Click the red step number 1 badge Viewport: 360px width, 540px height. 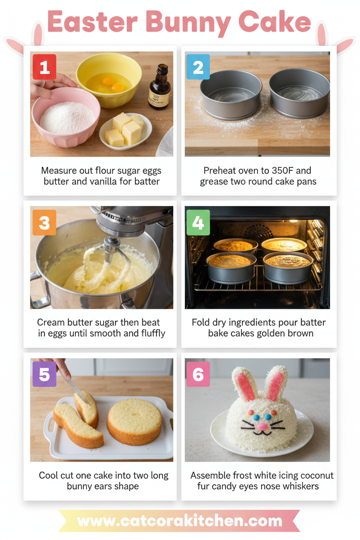pos(44,67)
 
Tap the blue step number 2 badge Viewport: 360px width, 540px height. pos(198,67)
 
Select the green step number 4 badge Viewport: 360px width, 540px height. pos(198,222)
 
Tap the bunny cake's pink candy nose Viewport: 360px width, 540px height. pos(262,426)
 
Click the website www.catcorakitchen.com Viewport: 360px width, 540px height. pos(180,521)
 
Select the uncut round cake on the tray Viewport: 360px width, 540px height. pos(135,420)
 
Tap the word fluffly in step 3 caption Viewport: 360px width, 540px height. pos(150,333)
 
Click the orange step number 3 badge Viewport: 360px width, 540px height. pos(44,222)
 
